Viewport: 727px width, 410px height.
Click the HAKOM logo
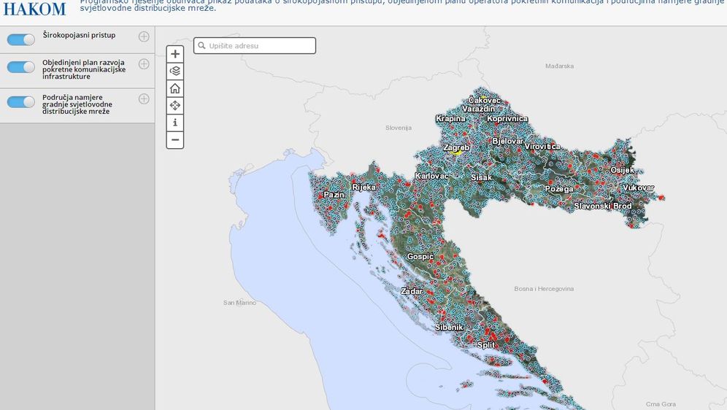34,9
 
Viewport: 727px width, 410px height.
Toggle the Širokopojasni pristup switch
21,39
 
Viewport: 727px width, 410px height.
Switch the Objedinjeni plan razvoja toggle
21,67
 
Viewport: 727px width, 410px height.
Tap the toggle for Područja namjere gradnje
21,102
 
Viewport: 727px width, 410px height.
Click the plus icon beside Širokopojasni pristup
144,36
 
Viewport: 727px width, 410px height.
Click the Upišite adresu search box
255,46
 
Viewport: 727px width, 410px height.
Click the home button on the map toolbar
175,88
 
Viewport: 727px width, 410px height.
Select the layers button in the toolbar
175,71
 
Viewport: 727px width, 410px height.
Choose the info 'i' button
175,123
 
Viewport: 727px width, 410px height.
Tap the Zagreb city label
456,147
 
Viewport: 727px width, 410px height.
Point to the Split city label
485,344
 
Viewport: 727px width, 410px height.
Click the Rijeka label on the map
363,187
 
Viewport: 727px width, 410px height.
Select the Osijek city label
622,170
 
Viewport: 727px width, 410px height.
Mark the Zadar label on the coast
412,291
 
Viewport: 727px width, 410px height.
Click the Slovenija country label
399,128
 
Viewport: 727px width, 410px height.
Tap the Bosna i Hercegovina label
544,289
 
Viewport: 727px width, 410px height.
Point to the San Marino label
239,302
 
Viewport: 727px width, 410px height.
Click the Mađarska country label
559,66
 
